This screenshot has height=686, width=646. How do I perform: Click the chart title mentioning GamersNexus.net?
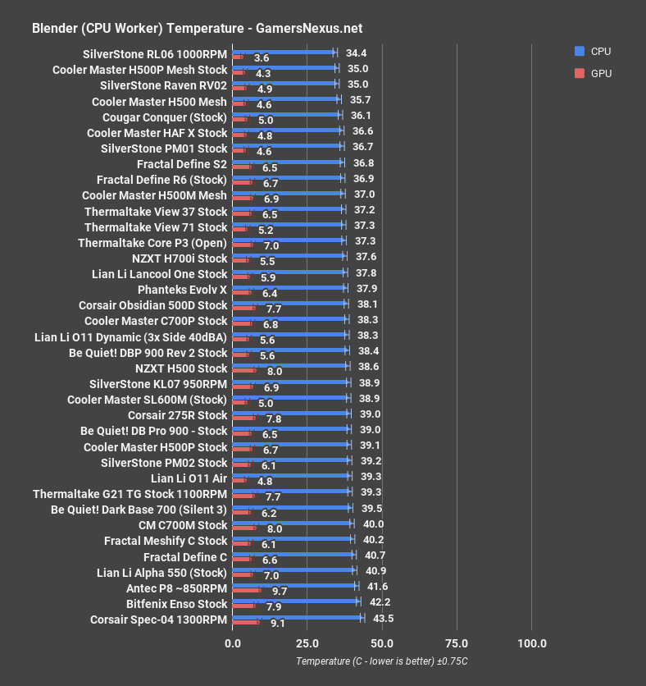[184, 28]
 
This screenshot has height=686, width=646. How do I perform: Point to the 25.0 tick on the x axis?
[307, 643]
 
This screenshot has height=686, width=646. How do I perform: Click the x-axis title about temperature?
[382, 661]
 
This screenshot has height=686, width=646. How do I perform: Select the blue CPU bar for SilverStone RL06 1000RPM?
[284, 53]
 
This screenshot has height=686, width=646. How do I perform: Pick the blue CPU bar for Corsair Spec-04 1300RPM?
[298, 617]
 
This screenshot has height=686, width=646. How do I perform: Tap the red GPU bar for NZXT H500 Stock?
[244, 371]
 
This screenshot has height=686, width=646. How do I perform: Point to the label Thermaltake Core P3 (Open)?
[152, 243]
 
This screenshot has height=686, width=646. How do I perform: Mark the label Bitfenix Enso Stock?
[176, 603]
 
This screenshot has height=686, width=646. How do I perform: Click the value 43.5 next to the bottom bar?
[383, 618]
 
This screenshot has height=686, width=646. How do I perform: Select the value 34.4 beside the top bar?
[356, 53]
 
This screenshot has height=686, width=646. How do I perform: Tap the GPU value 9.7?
[279, 591]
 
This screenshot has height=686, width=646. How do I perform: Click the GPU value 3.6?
[262, 58]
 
